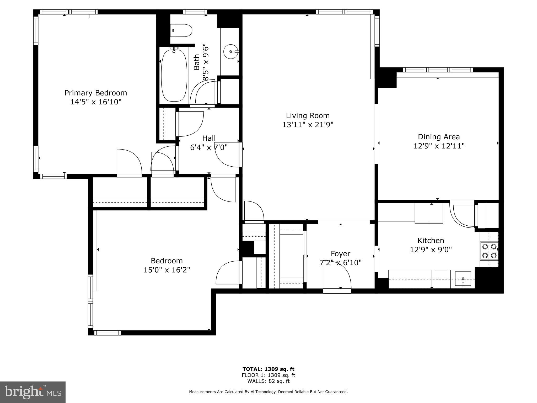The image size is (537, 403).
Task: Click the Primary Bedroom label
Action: pos(96,93)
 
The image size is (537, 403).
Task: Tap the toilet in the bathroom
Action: pos(182,31)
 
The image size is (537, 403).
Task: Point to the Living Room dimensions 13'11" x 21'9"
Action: pos(308,125)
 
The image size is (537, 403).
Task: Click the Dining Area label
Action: pos(439,137)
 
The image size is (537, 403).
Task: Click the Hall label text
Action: pos(209,138)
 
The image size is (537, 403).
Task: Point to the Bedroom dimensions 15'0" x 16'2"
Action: pos(167,270)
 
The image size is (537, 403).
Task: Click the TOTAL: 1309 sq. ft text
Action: pos(268,369)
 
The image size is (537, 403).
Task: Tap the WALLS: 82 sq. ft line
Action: pos(268,381)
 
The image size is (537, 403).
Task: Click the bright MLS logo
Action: pos(33,392)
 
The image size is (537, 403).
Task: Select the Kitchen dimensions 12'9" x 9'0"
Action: pos(431,250)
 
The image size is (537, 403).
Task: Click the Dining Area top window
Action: pos(438,70)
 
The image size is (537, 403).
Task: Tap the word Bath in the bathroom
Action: pos(197,62)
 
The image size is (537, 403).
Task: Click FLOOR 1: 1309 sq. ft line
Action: pos(268,375)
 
